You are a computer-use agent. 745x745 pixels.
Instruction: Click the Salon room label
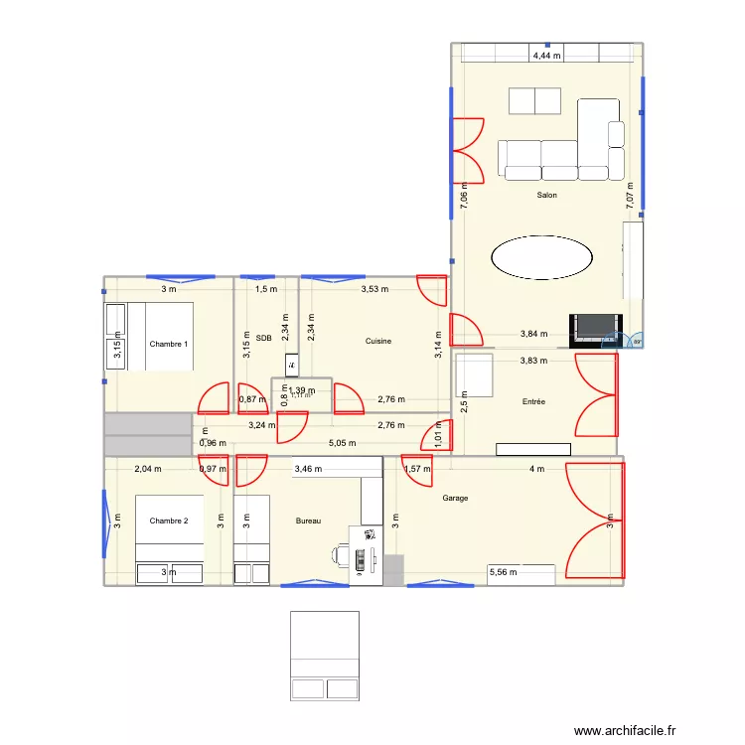tap(546, 196)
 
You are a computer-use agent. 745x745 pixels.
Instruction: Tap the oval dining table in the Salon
tap(541, 258)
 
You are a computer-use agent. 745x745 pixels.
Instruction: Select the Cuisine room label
tap(377, 341)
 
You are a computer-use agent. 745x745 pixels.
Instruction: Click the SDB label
tap(263, 338)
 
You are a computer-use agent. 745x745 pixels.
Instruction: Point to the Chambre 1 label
tap(169, 344)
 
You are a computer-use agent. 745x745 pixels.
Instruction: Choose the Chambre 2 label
tap(169, 521)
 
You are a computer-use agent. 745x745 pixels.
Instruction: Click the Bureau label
tap(309, 521)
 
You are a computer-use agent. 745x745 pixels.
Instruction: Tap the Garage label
tap(455, 498)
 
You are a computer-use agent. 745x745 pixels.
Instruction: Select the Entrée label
tap(533, 402)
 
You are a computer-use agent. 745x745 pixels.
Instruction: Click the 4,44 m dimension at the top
tap(546, 57)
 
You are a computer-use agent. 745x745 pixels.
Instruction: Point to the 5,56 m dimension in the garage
tap(503, 572)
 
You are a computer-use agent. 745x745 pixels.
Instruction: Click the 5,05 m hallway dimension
tap(342, 444)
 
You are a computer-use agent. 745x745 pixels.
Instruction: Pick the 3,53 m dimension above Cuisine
tap(373, 289)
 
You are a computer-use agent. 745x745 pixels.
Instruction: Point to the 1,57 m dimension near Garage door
tap(416, 468)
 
